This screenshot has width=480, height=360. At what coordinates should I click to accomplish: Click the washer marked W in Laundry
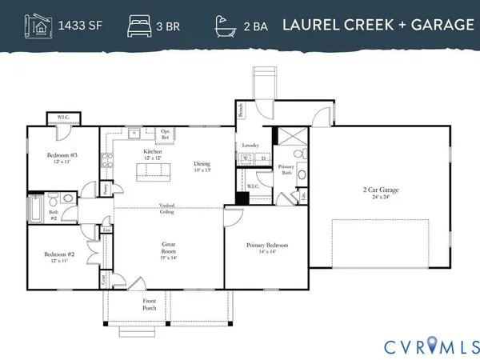point(245,158)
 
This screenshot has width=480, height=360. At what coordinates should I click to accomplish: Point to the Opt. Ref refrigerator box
point(164,134)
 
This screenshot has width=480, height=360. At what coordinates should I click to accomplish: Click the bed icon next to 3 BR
point(138,25)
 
